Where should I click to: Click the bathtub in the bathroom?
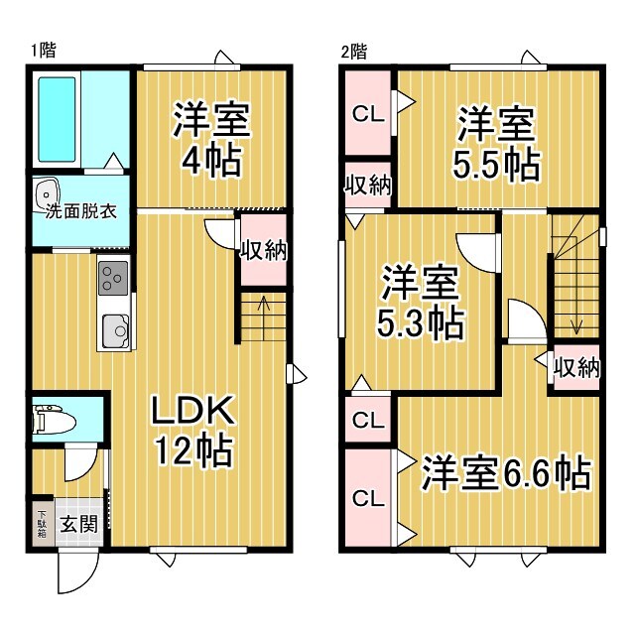(57, 119)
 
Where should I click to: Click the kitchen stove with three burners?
(113, 278)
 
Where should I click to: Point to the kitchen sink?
(115, 331)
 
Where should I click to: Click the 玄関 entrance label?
(79, 525)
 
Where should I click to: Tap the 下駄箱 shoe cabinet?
(42, 524)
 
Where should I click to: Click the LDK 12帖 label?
(193, 432)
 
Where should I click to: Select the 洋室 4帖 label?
(211, 139)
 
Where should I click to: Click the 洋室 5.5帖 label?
(496, 143)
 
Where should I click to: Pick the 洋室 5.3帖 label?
(420, 302)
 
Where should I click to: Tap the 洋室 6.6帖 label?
(506, 472)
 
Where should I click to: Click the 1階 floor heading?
(44, 51)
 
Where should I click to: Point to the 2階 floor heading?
(354, 52)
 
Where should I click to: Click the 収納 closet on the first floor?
(264, 250)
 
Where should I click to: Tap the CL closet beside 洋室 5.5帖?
(368, 113)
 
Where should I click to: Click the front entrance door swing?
(78, 572)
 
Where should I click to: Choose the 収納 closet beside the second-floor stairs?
(576, 368)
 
